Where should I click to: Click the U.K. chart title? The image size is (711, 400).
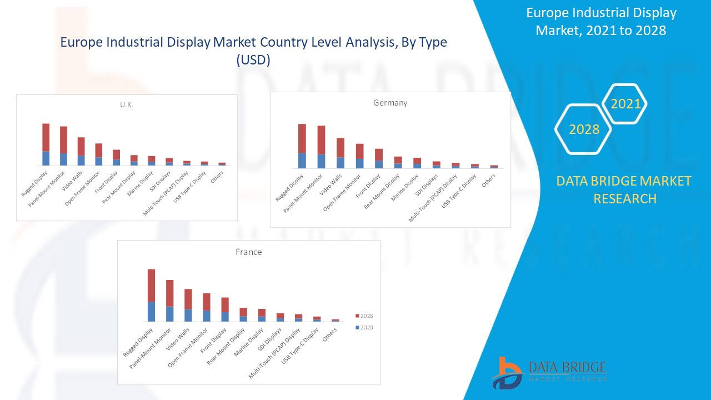[127, 105]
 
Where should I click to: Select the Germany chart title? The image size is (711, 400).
[390, 103]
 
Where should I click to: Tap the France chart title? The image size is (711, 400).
[248, 252]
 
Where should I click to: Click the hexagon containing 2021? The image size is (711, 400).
[625, 104]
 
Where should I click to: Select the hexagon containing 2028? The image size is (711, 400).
[583, 129]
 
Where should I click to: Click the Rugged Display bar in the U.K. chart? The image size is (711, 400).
[46, 144]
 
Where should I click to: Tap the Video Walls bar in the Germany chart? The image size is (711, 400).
[341, 153]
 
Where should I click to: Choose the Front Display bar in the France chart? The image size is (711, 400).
[225, 309]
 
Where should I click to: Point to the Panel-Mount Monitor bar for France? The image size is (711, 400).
[170, 301]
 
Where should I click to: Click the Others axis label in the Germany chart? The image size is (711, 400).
[488, 181]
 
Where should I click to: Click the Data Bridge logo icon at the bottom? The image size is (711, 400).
[507, 373]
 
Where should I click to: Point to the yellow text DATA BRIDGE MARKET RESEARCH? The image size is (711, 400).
[624, 189]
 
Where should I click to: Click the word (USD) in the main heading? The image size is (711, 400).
[253, 61]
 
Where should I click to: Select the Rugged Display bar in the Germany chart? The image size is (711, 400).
[302, 146]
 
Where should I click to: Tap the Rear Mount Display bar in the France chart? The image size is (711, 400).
[243, 314]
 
